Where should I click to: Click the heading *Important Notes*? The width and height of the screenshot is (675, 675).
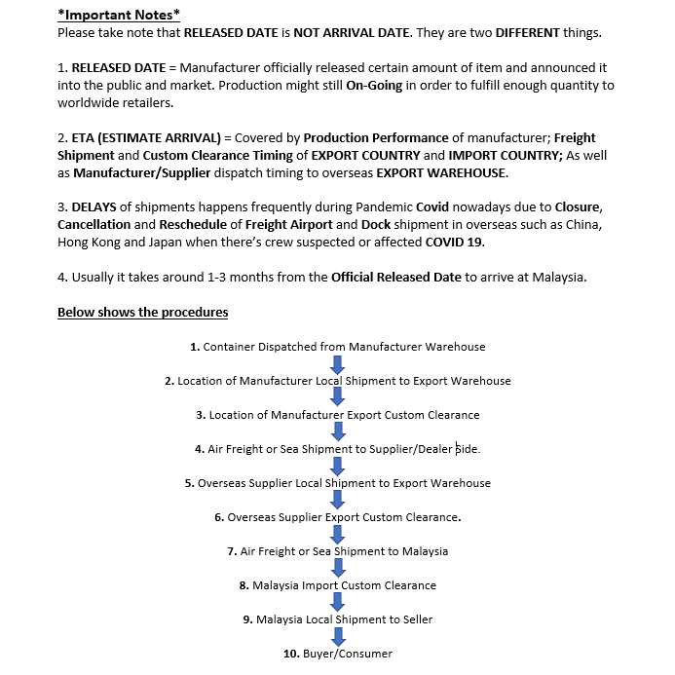pos(118,16)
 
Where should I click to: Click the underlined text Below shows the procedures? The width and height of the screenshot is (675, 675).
pos(142,312)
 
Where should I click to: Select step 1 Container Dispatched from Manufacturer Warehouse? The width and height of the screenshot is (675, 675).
pos(337,347)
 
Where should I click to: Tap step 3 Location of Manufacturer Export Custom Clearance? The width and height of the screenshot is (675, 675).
pos(337,415)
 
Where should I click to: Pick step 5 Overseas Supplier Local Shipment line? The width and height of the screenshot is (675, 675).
pos(337,483)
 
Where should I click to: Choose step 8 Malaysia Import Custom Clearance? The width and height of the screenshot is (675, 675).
pos(337,585)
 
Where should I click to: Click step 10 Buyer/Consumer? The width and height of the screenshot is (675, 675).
pos(337,654)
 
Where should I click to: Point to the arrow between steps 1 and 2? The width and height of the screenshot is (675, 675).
pos(338,363)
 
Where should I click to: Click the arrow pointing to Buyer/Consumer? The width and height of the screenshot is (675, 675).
pos(338,636)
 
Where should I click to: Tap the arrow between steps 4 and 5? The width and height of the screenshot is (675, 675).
pos(338,466)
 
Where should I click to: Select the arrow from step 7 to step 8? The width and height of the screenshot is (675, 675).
pos(338,568)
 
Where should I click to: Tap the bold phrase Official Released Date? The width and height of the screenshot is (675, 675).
pos(395,278)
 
